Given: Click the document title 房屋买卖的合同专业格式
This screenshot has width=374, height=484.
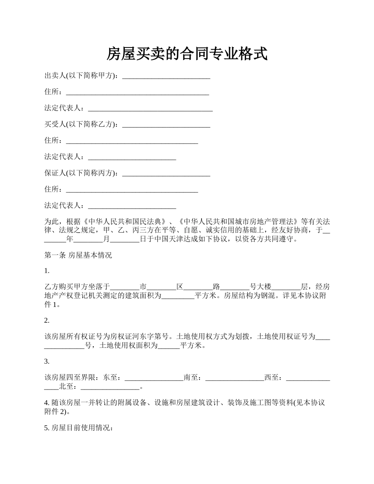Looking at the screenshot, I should (187, 54).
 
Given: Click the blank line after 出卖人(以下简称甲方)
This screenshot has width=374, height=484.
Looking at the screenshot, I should (166, 76).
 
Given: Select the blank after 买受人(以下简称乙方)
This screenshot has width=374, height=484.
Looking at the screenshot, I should (166, 125).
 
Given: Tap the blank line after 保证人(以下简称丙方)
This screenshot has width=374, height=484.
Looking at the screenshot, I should (166, 174).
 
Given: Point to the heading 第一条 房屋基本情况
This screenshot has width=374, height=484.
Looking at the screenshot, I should (78, 255).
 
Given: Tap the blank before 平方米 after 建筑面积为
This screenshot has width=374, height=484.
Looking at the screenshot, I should (178, 296).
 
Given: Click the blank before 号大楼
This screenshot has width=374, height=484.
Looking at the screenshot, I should (235, 287).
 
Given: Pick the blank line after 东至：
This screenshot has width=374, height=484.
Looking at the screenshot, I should (154, 378).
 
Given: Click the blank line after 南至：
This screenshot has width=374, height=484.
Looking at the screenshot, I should (235, 378).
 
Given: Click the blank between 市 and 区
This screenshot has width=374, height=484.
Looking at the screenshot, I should (161, 287).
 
